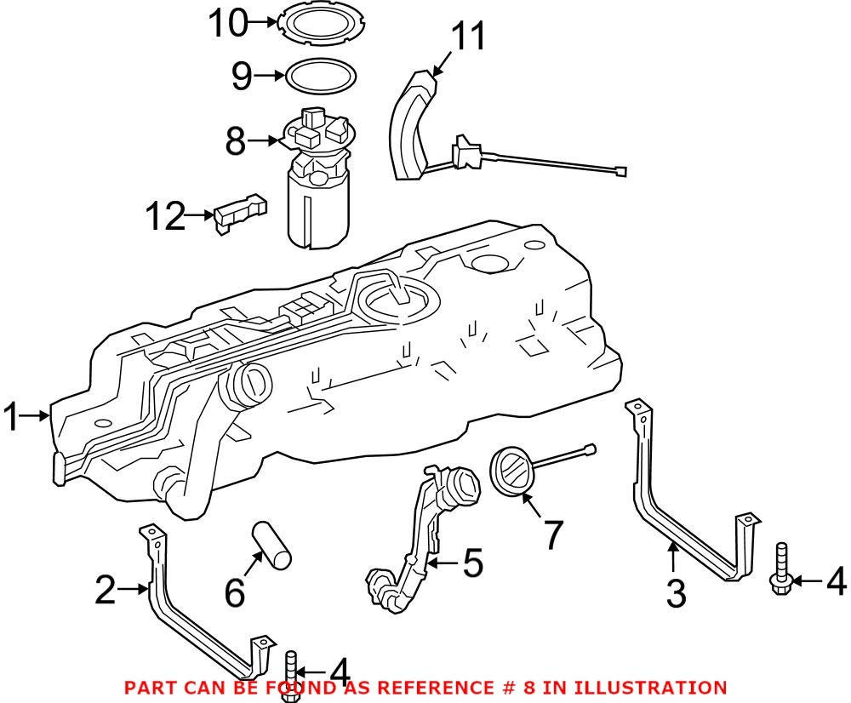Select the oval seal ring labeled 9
[x=320, y=76]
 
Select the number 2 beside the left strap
[x=106, y=590]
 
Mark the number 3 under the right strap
[x=676, y=592]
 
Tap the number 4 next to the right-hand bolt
[x=836, y=582]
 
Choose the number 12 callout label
[x=164, y=218]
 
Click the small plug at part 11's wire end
[x=621, y=171]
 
